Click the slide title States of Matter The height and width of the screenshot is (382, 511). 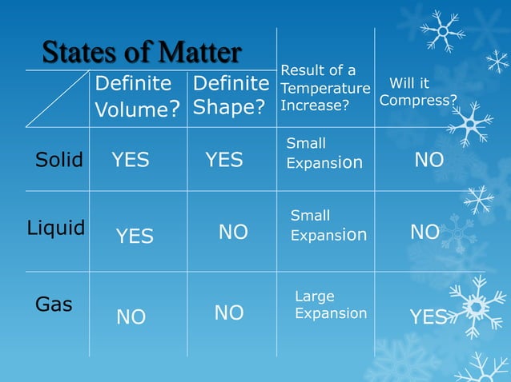pyautogui.click(x=141, y=53)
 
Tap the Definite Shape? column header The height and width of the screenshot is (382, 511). pyautogui.click(x=231, y=95)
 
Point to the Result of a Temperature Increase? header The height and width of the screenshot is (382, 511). pyautogui.click(x=324, y=88)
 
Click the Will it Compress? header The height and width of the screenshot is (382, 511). pyautogui.click(x=418, y=92)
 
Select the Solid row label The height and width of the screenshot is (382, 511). pyautogui.click(x=59, y=160)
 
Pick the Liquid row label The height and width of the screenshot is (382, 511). pyautogui.click(x=55, y=228)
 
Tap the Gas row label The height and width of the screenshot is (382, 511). pyautogui.click(x=54, y=304)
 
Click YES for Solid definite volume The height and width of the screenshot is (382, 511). pyautogui.click(x=130, y=160)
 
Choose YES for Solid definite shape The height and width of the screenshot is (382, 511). pyautogui.click(x=223, y=160)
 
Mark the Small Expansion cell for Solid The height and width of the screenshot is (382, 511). pyautogui.click(x=324, y=153)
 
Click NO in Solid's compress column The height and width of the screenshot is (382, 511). pyautogui.click(x=429, y=160)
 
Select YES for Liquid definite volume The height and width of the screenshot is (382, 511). pyautogui.click(x=135, y=236)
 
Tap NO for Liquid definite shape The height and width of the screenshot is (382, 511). pyautogui.click(x=233, y=232)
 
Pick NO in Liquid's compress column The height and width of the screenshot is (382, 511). pyautogui.click(x=424, y=232)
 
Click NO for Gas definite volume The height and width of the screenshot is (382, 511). pyautogui.click(x=131, y=317)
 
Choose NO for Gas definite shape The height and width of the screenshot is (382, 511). pyautogui.click(x=229, y=312)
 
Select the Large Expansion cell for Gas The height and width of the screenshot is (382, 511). pyautogui.click(x=331, y=305)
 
